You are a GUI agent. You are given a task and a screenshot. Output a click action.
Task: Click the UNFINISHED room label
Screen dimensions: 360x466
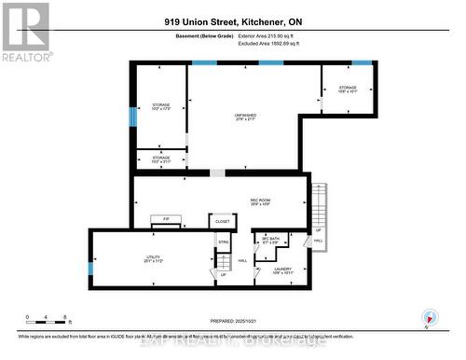(245, 117)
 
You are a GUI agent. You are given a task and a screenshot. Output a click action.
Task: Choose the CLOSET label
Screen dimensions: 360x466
(222, 221)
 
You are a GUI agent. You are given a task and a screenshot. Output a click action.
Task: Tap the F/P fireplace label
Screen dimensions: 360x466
(166, 218)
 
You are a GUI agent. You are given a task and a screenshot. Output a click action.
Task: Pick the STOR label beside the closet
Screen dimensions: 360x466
(224, 242)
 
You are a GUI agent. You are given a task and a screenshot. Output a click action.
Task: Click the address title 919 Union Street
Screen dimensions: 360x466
(232, 21)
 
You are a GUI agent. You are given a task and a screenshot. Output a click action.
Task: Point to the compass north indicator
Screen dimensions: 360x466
(428, 316)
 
